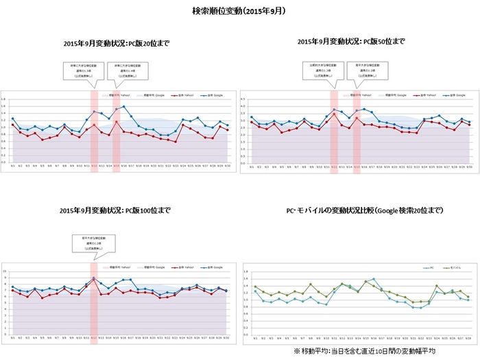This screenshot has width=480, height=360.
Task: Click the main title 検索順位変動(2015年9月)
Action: tap(240, 12)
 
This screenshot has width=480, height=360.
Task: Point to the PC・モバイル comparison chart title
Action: tap(361, 211)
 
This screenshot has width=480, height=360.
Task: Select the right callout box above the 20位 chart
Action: tap(127, 71)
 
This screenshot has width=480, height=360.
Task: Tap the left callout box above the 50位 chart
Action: tap(322, 71)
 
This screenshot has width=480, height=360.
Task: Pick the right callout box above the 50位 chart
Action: tap(366, 71)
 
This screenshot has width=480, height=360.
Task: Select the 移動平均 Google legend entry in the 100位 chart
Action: tap(150, 267)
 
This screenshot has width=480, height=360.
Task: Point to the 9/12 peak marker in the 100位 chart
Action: tap(94, 278)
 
